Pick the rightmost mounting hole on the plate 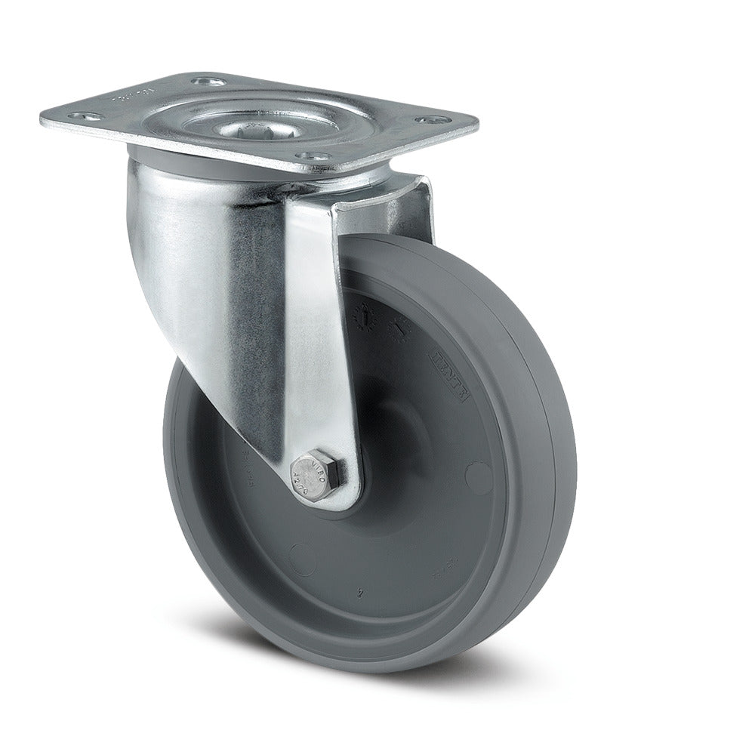(427, 119)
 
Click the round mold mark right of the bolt (476, 476)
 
